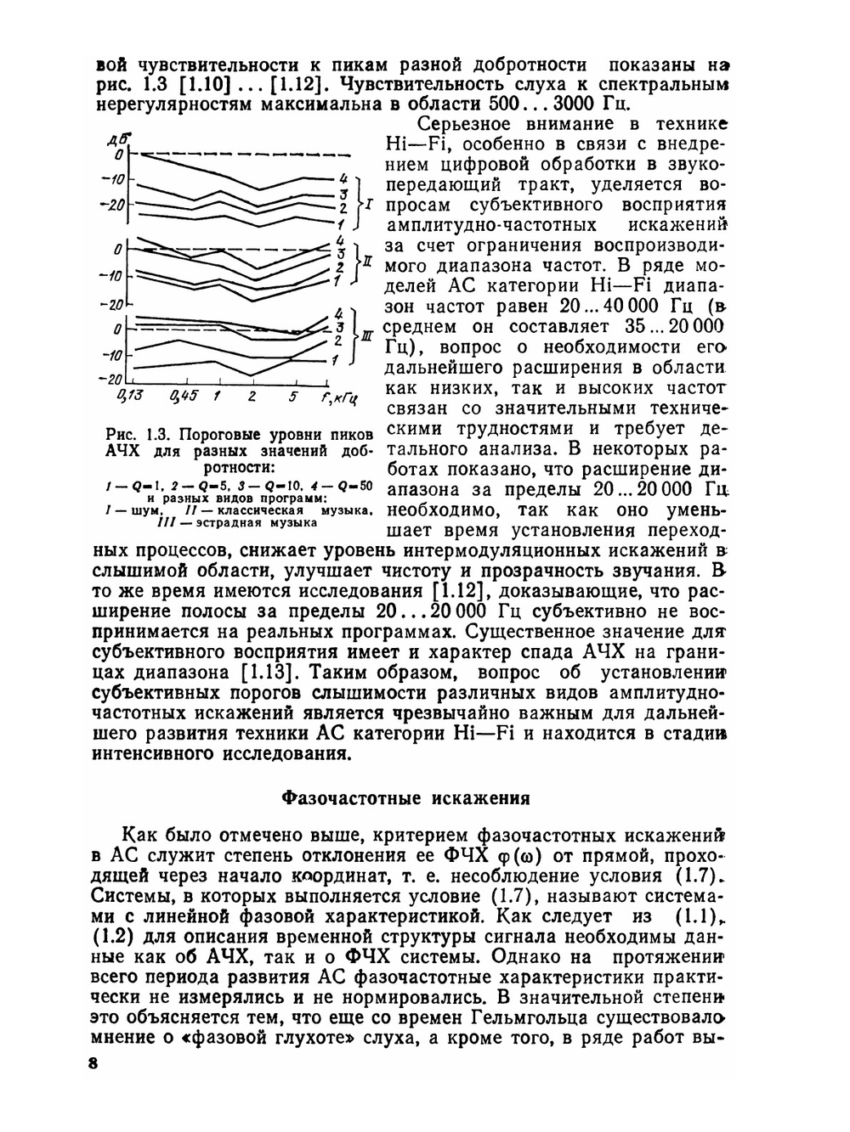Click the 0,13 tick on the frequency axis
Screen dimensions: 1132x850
[x=129, y=396]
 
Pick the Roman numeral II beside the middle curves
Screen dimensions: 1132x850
[x=367, y=260]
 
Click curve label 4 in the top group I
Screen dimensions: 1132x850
[x=343, y=178]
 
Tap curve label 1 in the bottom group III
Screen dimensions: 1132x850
[x=336, y=360]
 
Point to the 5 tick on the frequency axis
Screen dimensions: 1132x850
[x=292, y=396]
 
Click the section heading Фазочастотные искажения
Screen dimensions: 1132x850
[x=405, y=798]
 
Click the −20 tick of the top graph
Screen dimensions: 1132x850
[x=112, y=204]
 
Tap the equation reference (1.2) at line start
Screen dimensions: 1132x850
[x=113, y=937]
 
